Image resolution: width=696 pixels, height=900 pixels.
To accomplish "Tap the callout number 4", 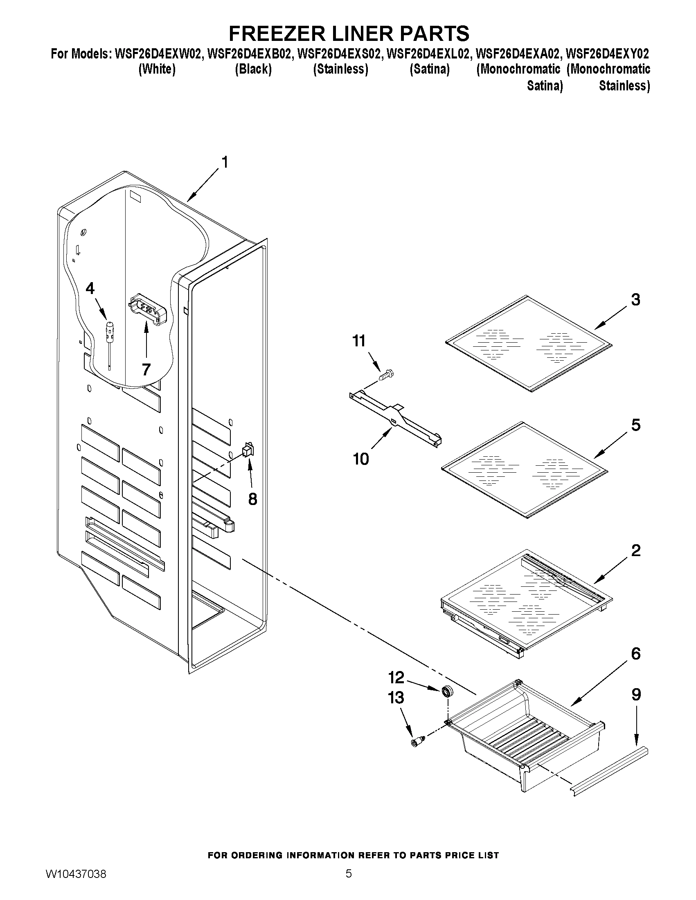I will (x=90, y=288).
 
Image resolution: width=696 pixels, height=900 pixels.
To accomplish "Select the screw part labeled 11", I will (x=386, y=375).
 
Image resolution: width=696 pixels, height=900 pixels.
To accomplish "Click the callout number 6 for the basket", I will (x=636, y=653).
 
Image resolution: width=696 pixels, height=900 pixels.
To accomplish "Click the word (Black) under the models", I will (x=253, y=69).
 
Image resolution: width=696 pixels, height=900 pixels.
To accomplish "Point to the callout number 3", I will (x=636, y=300).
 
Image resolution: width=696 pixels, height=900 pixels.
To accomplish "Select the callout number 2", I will (x=636, y=550).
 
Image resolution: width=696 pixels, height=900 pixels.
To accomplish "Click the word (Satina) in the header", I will (x=429, y=69).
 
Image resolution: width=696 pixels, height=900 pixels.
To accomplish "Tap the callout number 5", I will (x=636, y=425).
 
